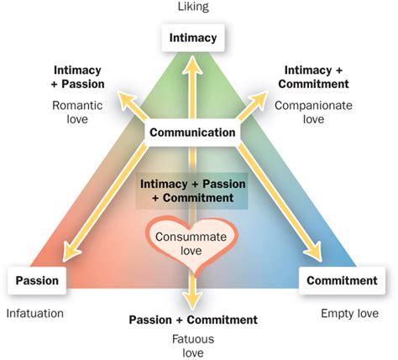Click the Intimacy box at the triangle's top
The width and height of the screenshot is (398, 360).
pyautogui.click(x=193, y=38)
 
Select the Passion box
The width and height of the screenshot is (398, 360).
pyautogui.click(x=37, y=280)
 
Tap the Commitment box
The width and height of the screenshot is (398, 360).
pyautogui.click(x=342, y=280)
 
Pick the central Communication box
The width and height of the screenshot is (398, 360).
pyautogui.click(x=192, y=133)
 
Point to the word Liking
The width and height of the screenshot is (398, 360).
pyautogui.click(x=193, y=7)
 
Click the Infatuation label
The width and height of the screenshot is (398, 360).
pyautogui.click(x=35, y=314)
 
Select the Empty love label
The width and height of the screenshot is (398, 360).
pyautogui.click(x=349, y=314)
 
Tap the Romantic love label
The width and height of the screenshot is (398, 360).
pyautogui.click(x=77, y=112)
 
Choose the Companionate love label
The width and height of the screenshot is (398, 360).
pyautogui.click(x=313, y=112)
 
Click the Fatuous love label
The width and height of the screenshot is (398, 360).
pyautogui.click(x=193, y=346)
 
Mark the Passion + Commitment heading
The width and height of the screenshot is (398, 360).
pyautogui.click(x=193, y=320)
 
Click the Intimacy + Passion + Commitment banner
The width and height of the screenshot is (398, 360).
pyautogui.click(x=192, y=191)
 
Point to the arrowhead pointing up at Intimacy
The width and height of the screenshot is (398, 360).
pyautogui.click(x=192, y=64)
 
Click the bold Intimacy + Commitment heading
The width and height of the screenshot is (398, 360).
pyautogui.click(x=313, y=77)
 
